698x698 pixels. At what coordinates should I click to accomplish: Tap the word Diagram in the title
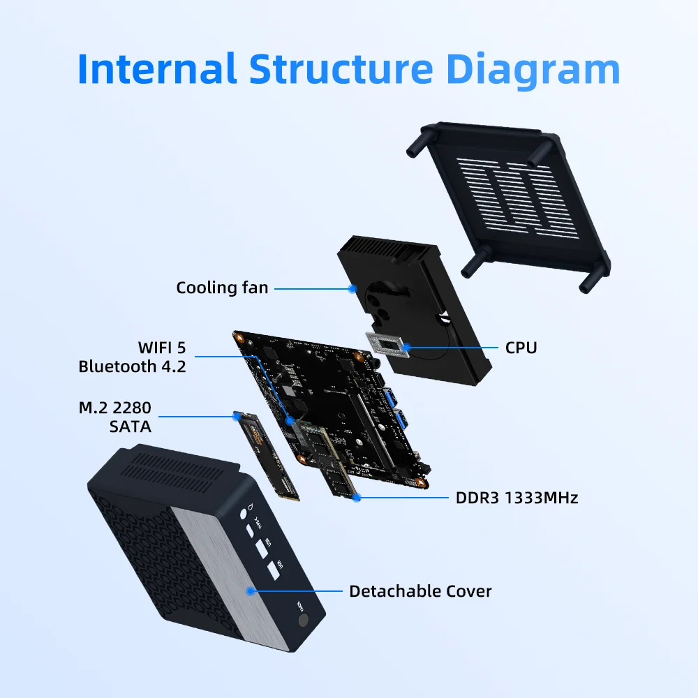click(x=533, y=68)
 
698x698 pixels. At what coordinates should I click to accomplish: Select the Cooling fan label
click(x=221, y=288)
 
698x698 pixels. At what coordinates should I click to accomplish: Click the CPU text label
click(x=521, y=347)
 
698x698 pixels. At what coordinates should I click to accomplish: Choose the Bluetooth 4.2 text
click(x=132, y=366)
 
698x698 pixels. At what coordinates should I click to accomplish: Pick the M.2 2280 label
click(x=114, y=407)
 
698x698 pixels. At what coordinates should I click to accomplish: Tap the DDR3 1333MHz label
click(x=517, y=498)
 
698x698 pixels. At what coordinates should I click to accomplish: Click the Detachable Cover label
click(x=420, y=591)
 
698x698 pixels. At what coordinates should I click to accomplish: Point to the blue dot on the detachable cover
click(x=249, y=591)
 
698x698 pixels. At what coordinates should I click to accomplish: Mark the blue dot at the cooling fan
click(x=353, y=288)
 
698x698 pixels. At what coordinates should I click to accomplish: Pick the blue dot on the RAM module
click(x=357, y=498)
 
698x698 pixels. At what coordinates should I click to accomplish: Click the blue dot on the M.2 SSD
click(x=235, y=417)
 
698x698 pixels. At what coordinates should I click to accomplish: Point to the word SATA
click(x=130, y=425)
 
